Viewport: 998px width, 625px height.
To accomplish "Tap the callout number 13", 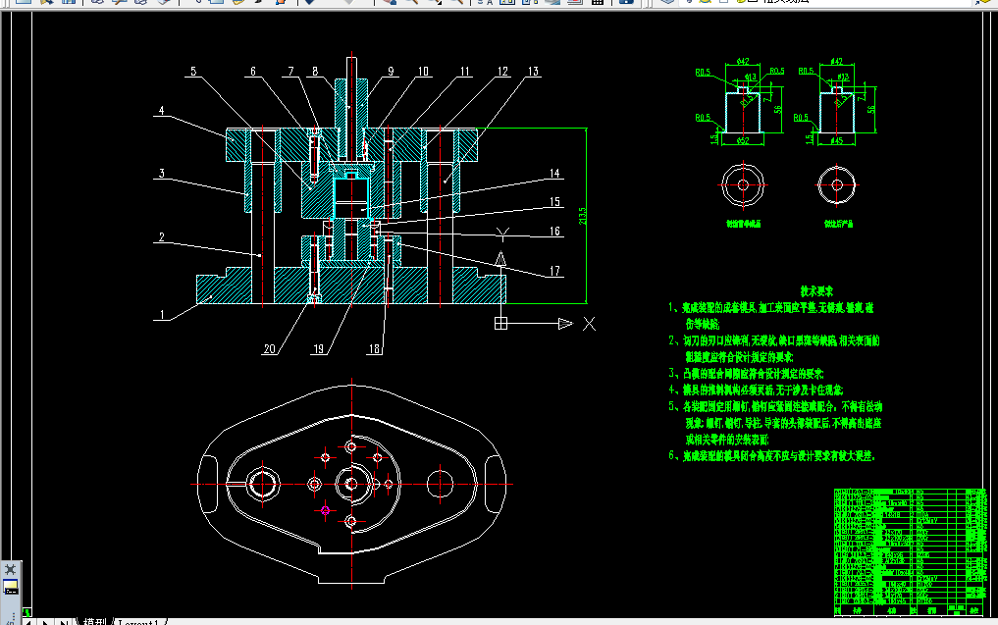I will pos(533,72).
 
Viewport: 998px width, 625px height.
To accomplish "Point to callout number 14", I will pos(554,174).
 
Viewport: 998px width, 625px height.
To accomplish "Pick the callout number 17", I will pos(554,272).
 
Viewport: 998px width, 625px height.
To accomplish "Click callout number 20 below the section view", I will pos(269,347).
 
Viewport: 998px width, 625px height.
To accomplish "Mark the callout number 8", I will pos(314,72).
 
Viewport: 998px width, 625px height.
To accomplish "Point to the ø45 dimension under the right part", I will pos(836,142).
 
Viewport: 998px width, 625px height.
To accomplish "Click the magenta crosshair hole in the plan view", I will pos(324,509).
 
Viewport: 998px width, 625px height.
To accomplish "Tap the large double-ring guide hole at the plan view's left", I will pos(264,483).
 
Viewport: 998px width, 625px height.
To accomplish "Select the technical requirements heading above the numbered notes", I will pos(816,291).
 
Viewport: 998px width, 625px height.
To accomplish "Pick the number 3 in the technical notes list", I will pos(672,373).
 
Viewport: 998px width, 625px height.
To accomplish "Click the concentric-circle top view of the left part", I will pos(743,185).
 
